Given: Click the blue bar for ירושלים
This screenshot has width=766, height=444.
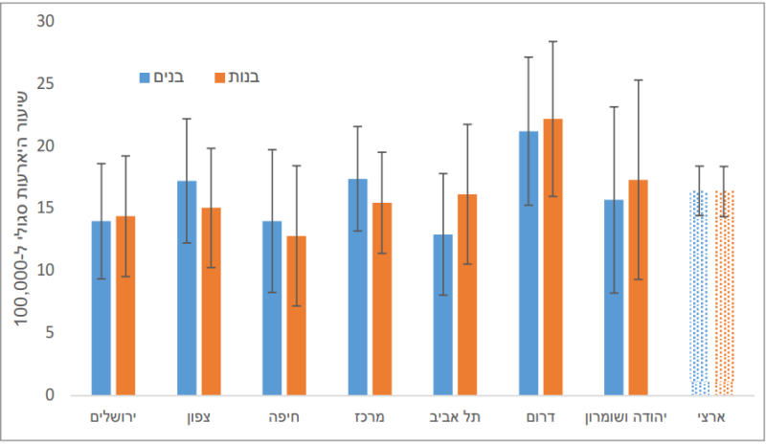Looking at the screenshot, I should (101, 308).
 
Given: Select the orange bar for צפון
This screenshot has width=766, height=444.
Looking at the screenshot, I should (212, 301).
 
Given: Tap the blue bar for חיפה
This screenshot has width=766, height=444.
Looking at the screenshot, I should (272, 308).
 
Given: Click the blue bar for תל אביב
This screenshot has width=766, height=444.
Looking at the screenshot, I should (442, 315).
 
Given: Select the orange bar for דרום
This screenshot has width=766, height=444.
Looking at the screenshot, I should (552, 256).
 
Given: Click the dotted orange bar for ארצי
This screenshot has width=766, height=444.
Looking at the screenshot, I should (724, 293).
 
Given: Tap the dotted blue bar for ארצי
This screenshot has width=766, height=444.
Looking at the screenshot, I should (699, 293).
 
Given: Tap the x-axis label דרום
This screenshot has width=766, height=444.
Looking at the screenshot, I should (541, 418).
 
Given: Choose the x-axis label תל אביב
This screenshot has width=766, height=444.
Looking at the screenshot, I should (455, 418).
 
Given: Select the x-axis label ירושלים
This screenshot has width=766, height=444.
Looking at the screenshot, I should (114, 418).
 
